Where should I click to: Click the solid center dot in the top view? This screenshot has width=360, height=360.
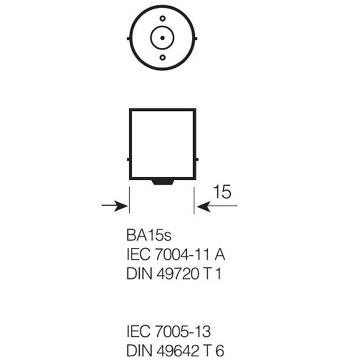[162, 38]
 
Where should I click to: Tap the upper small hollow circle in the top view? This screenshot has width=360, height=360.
[162, 18]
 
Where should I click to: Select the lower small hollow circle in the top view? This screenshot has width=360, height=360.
[162, 58]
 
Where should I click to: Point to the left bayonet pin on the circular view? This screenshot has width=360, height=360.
[129, 39]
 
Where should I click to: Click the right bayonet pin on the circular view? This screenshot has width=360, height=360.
[196, 39]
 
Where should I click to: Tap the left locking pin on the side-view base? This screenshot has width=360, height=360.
[128, 159]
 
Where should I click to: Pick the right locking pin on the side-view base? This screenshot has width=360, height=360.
[197, 159]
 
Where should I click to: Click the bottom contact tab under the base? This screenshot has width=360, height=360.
[162, 182]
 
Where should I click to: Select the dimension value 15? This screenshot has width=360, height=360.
[222, 192]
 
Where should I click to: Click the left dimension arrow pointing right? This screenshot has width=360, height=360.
[115, 206]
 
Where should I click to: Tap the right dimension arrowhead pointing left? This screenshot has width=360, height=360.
[204, 206]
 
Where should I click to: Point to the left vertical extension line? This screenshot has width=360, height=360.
[130, 200]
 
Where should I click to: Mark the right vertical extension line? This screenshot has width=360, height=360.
[194, 200]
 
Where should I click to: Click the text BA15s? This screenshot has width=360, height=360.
[149, 235]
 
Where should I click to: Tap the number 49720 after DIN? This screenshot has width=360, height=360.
[178, 274]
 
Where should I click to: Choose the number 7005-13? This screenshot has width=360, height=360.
[183, 332]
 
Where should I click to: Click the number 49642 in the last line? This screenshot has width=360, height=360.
[178, 351]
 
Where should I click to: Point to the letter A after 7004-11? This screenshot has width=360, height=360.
[220, 255]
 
